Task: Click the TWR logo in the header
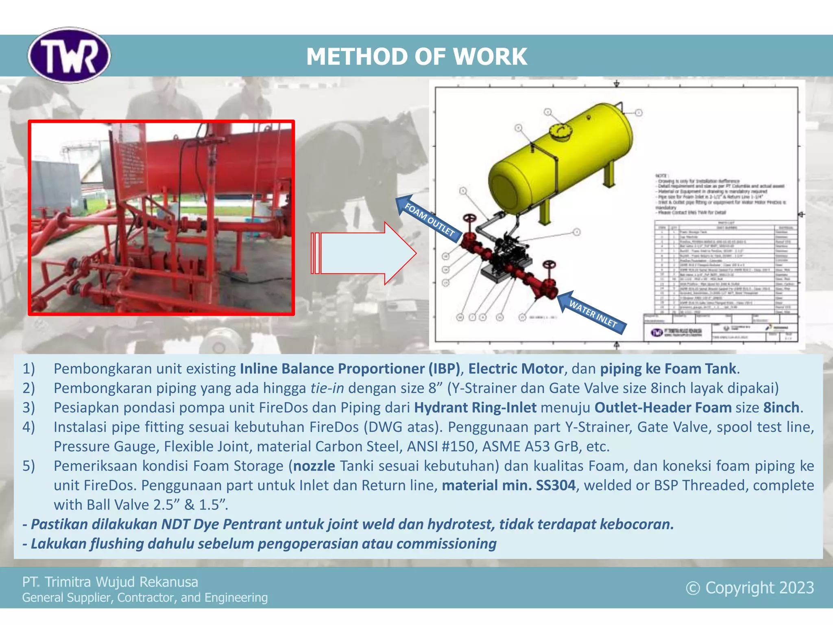(x=69, y=55)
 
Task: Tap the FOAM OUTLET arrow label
(x=429, y=219)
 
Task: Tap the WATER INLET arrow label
(x=592, y=312)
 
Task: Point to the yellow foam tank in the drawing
(x=561, y=159)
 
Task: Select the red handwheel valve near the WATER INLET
(x=550, y=265)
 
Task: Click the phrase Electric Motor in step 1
(x=515, y=369)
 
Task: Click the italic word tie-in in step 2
(x=327, y=388)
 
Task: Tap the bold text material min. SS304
(x=508, y=485)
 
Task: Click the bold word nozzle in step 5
(x=314, y=466)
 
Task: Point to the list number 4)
(x=28, y=427)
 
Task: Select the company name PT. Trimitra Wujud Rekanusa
(x=110, y=582)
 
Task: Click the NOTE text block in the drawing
(x=718, y=194)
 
